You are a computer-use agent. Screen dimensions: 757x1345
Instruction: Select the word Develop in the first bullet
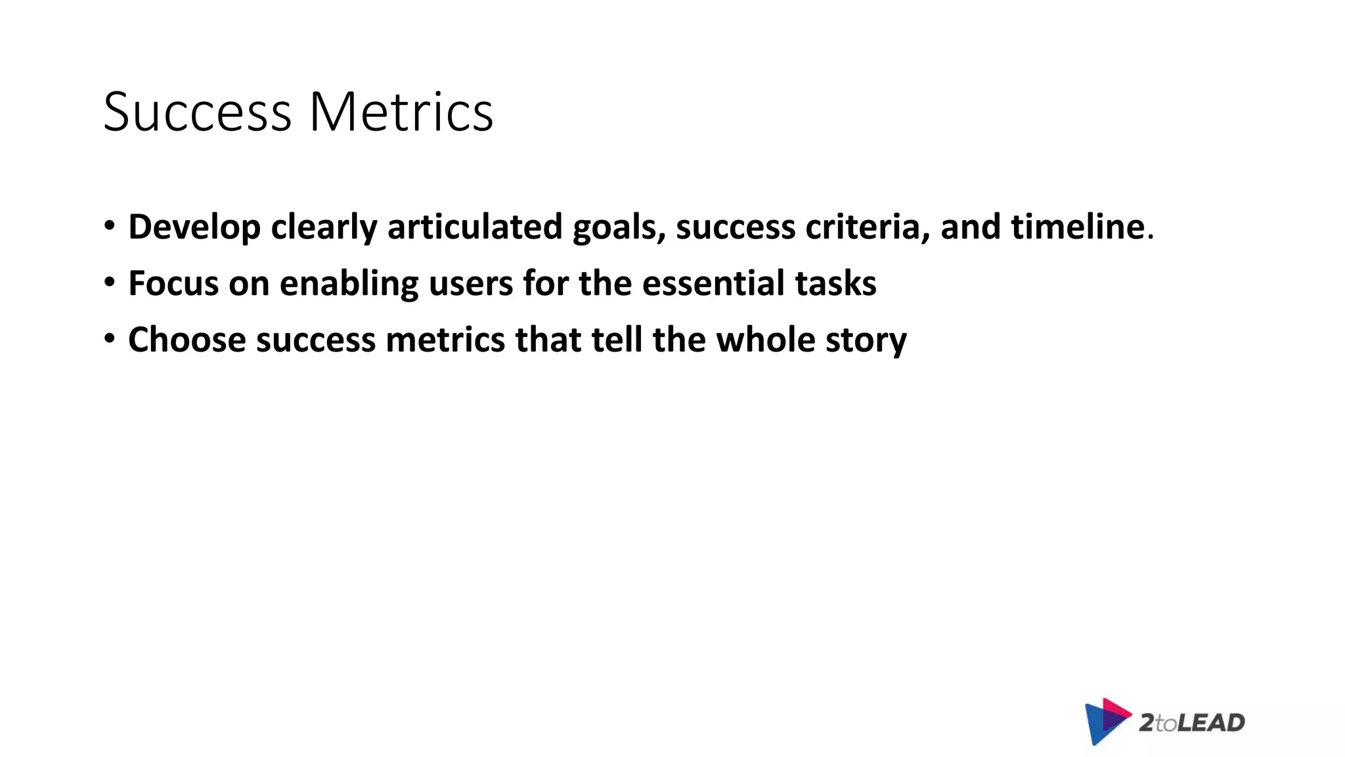(194, 227)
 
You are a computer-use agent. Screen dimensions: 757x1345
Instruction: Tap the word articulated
(475, 227)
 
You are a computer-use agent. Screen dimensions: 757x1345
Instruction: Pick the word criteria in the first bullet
(867, 227)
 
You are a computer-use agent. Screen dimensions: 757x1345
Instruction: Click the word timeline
(1078, 227)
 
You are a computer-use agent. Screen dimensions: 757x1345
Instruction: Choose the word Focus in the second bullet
(173, 283)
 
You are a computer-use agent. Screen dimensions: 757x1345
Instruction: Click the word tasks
(835, 283)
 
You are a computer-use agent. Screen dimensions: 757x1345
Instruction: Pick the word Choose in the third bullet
(187, 340)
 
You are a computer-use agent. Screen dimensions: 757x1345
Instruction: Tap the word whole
(765, 340)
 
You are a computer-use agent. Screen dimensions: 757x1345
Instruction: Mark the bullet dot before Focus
(110, 283)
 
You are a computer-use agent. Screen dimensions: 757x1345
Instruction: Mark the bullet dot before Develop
(110, 226)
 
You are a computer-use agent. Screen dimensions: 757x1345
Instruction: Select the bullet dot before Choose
(110, 339)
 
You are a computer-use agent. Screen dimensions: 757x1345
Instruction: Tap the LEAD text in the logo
(1211, 723)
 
